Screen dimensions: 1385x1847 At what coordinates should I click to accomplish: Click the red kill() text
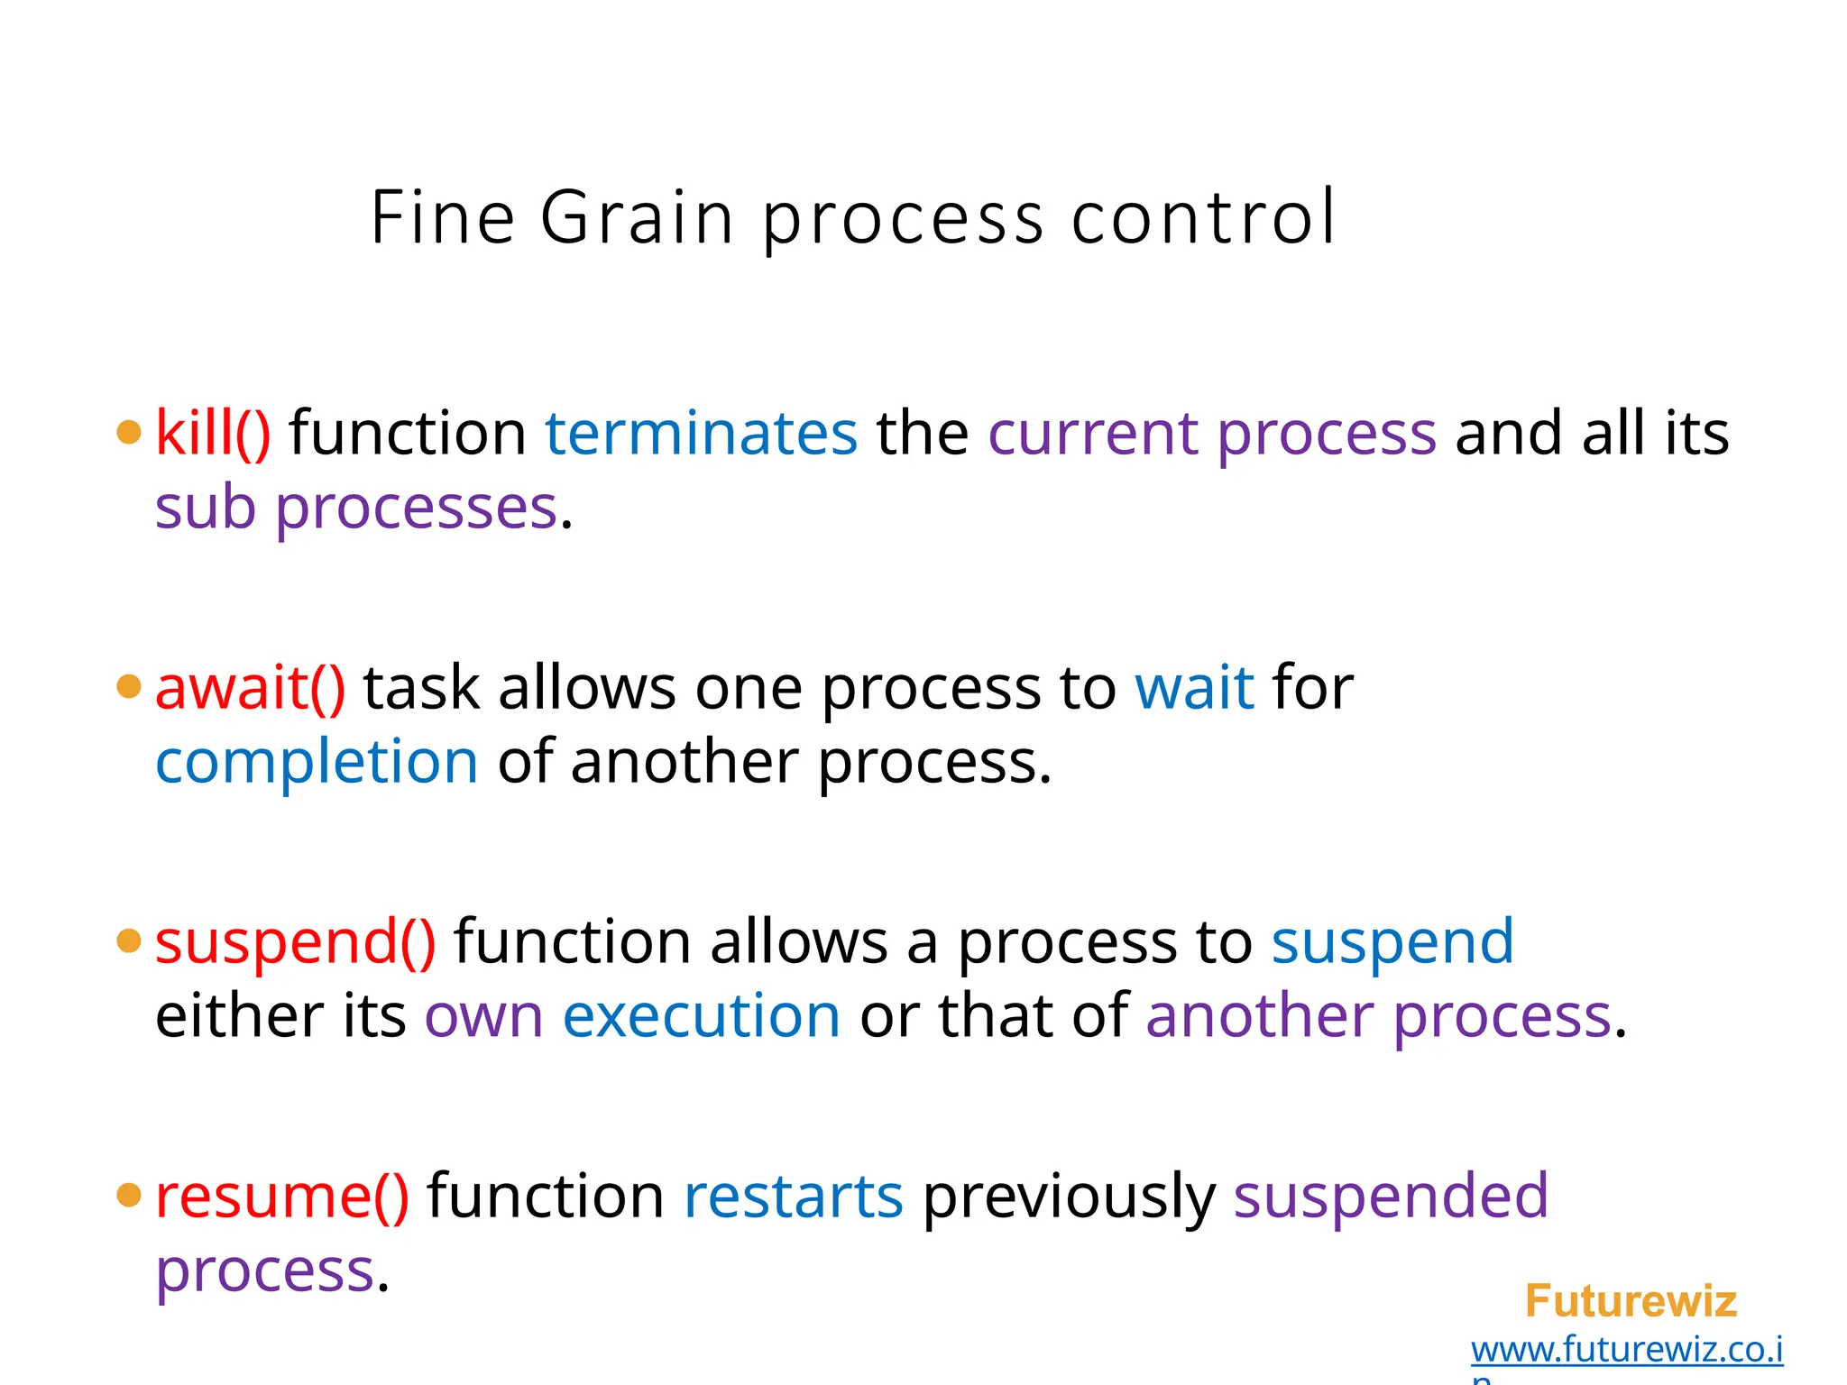click(x=213, y=433)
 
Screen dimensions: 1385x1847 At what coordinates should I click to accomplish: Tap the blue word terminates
click(x=701, y=433)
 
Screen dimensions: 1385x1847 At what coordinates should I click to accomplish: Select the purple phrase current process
click(x=1211, y=435)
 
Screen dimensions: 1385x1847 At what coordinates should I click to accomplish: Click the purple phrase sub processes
click(x=356, y=509)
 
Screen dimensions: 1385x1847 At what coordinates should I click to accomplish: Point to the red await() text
click(x=250, y=688)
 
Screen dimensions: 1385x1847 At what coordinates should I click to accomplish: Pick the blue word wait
click(x=1194, y=688)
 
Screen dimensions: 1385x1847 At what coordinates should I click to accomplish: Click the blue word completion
click(x=317, y=763)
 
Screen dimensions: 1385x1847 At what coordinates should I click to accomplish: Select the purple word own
click(x=483, y=1017)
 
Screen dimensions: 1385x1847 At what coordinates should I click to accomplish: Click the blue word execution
click(x=702, y=1017)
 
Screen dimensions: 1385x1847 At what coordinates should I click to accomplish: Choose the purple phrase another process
click(x=1378, y=1017)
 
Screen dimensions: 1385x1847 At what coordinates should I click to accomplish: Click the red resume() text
click(x=282, y=1197)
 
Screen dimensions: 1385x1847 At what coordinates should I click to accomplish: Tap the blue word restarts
click(x=794, y=1197)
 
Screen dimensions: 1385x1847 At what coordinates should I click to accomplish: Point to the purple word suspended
click(x=1391, y=1197)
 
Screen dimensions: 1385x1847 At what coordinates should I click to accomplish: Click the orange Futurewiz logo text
click(x=1631, y=1301)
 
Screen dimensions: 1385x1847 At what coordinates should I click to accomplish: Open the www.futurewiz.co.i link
click(x=1627, y=1350)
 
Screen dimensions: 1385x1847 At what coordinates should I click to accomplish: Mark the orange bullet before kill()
click(x=130, y=432)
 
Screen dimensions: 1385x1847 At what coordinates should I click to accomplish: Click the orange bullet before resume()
click(x=130, y=1196)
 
